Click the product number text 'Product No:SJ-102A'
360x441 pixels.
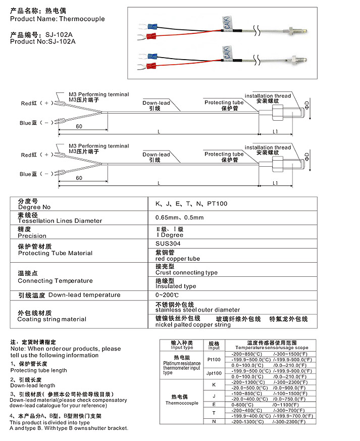[43, 41]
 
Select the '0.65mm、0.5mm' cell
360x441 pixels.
[180, 218]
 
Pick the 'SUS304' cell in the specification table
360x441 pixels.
[168, 242]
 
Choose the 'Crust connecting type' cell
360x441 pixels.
[186, 273]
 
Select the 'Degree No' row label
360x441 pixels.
[34, 207]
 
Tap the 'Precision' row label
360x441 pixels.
[32, 236]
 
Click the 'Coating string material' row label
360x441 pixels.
[52, 319]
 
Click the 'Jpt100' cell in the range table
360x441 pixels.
[214, 373]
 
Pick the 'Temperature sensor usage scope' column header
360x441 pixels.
[272, 348]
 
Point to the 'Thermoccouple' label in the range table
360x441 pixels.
[182, 403]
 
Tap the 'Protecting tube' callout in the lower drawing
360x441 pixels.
[224, 154]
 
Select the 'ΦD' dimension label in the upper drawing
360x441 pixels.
[307, 107]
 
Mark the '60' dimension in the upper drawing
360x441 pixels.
[79, 126]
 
